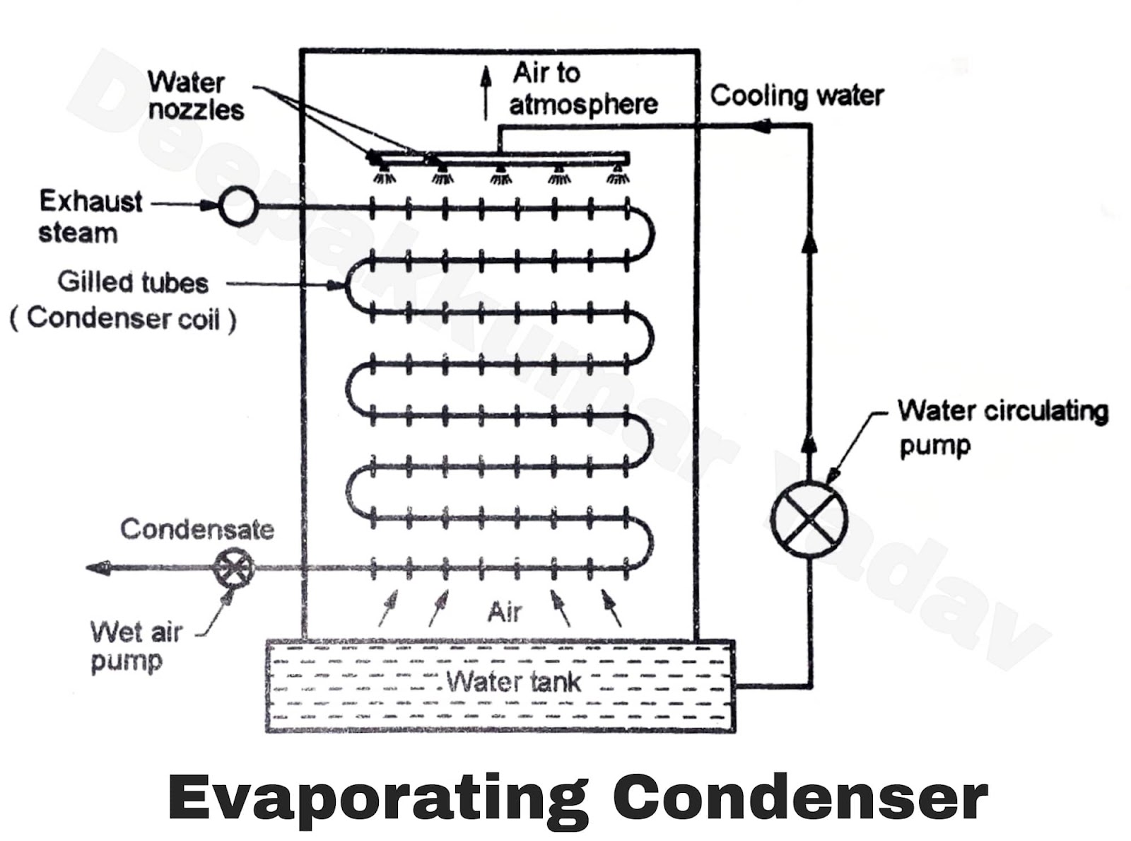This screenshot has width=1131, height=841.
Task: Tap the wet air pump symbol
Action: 234,568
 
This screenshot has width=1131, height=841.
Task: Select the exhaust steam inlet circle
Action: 238,206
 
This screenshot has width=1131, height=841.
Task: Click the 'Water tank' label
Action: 514,682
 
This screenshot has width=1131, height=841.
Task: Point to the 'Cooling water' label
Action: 797,95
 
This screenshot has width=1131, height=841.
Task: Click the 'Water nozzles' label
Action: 195,95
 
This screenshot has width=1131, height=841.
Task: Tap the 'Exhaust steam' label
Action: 90,216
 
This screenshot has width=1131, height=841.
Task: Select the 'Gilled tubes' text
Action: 133,282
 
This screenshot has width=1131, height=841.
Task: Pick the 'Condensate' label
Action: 197,529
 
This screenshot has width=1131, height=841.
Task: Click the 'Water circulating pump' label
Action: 1002,427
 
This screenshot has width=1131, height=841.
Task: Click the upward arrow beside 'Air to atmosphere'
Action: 486,92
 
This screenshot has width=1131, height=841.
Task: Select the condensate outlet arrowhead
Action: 98,567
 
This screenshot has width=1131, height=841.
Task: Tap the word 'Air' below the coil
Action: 505,612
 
